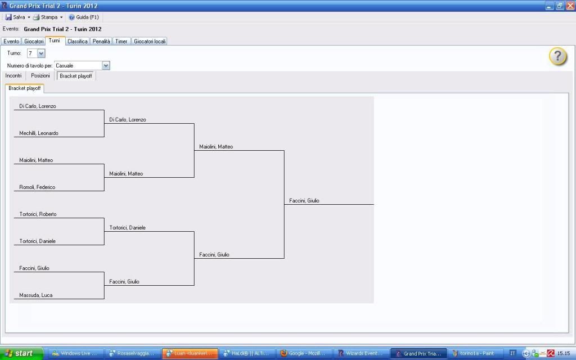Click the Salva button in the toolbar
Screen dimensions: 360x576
15,17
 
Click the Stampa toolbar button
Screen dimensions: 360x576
46,17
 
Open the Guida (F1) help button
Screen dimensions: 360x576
84,17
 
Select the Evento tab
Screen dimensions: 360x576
11,41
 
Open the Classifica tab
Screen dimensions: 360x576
78,41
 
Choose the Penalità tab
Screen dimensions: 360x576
101,41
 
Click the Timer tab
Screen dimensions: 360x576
121,41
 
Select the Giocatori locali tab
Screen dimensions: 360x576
150,41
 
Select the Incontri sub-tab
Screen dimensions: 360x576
13,76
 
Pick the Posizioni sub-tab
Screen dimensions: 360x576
40,76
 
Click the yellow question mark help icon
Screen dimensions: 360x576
557,56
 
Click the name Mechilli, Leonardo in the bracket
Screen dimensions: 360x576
39,133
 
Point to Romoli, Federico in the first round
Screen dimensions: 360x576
37,187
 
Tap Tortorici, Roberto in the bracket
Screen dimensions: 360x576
38,214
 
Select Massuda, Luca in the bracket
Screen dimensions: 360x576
35,295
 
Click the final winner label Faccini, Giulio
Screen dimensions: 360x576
304,201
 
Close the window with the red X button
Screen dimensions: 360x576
569,6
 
